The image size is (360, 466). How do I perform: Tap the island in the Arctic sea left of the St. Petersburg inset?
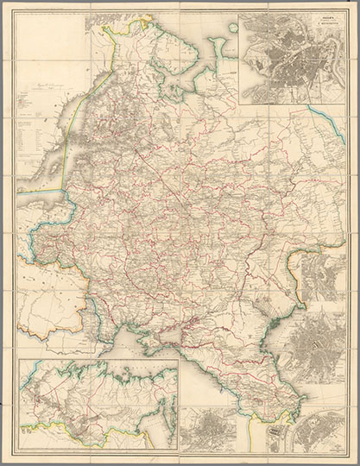tap(231, 28)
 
